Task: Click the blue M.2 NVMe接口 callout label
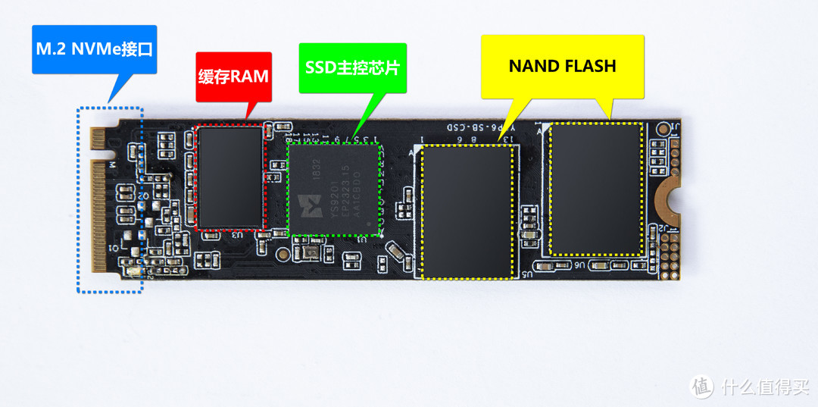(94, 50)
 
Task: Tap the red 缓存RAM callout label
(234, 77)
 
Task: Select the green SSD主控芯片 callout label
(351, 66)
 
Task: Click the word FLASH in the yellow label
(589, 66)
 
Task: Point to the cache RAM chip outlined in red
(229, 177)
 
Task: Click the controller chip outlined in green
(334, 189)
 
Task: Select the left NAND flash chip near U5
(467, 211)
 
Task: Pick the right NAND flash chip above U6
(596, 188)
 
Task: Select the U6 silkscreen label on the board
(579, 266)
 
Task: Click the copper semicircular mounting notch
(666, 196)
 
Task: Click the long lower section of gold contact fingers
(98, 216)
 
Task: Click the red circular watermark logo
(701, 387)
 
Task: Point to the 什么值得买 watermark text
(764, 387)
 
